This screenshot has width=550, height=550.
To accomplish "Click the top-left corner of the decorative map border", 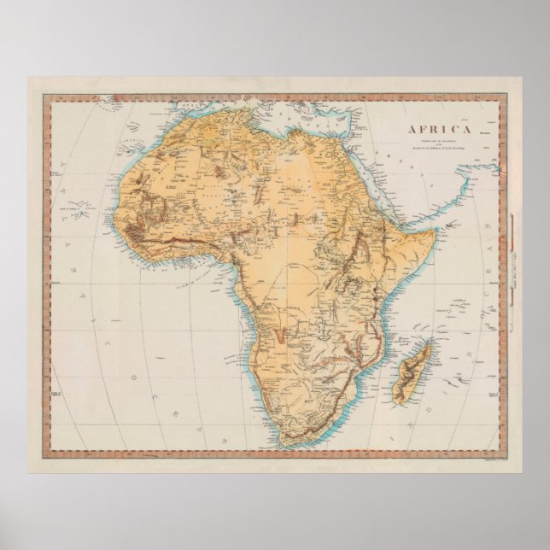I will (52, 95).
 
